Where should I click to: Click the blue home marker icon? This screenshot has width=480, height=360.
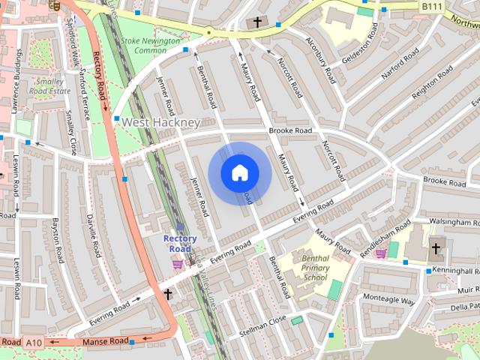point(239,173)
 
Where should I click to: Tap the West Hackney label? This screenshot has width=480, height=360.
point(160,122)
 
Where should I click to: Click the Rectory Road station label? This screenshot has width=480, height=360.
point(180,244)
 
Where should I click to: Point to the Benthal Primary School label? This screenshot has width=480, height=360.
point(316,267)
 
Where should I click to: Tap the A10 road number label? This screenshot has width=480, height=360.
point(34,342)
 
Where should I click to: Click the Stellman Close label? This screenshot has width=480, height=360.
point(262,322)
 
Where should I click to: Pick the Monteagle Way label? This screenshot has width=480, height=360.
point(388,300)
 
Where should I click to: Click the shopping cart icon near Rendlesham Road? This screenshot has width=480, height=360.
point(380,253)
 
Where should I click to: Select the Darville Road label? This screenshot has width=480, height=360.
point(94,236)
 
